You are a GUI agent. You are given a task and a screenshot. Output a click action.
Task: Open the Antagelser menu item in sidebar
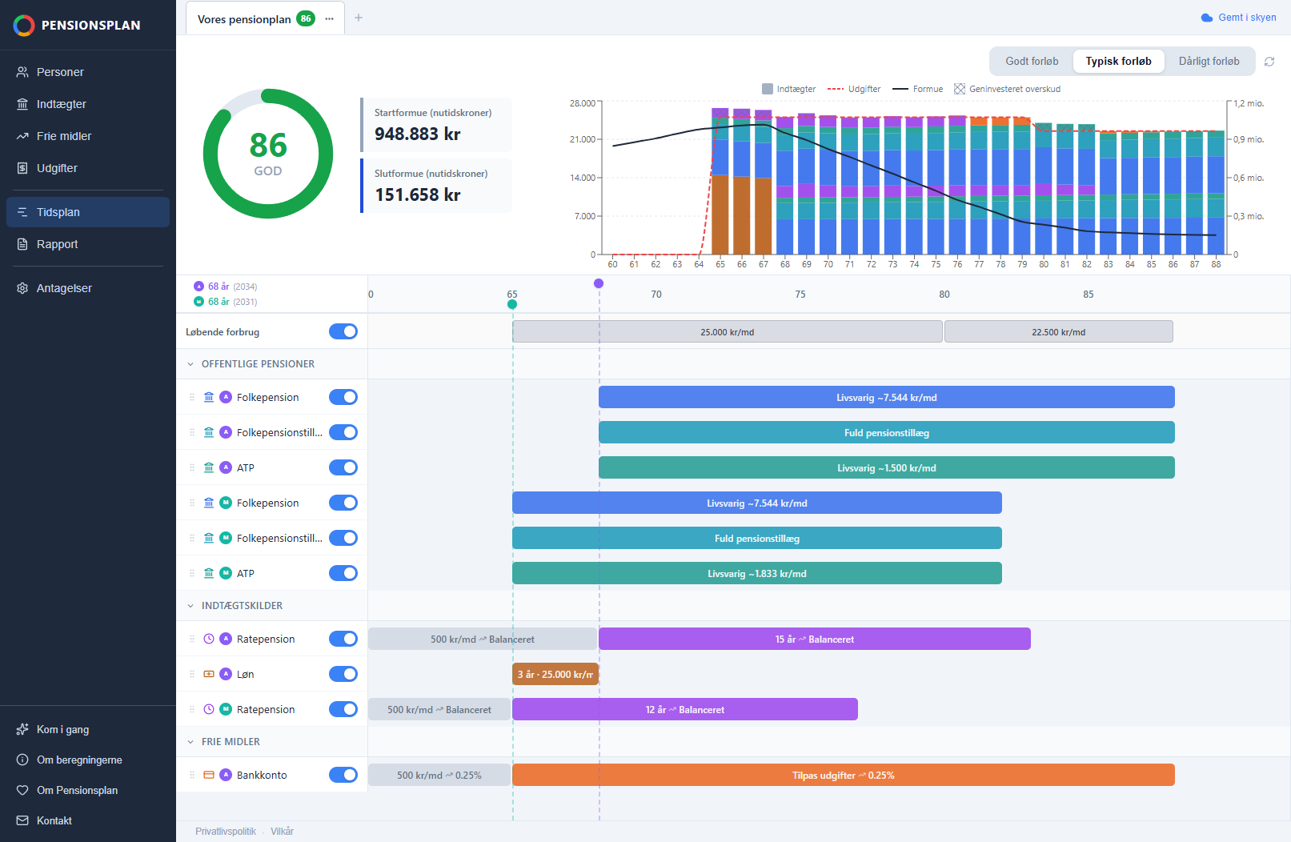pyautogui.click(x=63, y=288)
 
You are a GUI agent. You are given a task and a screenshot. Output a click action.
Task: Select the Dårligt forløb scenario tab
pyautogui.click(x=1209, y=61)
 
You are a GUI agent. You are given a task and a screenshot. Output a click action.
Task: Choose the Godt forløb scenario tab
pyautogui.click(x=1032, y=61)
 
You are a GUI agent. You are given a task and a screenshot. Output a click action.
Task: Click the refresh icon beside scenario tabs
pyautogui.click(x=1269, y=62)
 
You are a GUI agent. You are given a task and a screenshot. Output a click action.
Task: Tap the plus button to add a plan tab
pyautogui.click(x=359, y=18)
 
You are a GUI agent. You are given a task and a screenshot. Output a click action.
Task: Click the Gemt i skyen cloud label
pyautogui.click(x=1238, y=18)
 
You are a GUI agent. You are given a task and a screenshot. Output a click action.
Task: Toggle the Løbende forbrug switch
pyautogui.click(x=343, y=331)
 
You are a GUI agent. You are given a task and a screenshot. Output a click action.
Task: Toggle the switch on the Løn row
pyautogui.click(x=343, y=674)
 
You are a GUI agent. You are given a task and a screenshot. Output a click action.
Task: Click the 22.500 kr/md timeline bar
pyautogui.click(x=1059, y=332)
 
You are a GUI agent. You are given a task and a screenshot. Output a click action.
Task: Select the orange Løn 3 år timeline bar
pyautogui.click(x=555, y=674)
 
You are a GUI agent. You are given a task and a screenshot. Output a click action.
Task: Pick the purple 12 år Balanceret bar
pyautogui.click(x=684, y=709)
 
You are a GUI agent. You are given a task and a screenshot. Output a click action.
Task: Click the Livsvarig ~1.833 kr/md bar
pyautogui.click(x=756, y=573)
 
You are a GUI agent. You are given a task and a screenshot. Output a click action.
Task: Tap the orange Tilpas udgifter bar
pyautogui.click(x=843, y=775)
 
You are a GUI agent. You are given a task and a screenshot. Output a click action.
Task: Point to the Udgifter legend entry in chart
pyautogui.click(x=853, y=89)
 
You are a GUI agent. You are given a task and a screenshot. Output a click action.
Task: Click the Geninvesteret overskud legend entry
pyautogui.click(x=1007, y=89)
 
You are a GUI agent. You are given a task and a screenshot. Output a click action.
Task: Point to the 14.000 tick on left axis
pyautogui.click(x=582, y=178)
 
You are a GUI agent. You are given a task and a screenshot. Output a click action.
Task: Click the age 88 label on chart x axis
pyautogui.click(x=1216, y=264)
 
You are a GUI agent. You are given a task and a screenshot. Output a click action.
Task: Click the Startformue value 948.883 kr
pyautogui.click(x=417, y=134)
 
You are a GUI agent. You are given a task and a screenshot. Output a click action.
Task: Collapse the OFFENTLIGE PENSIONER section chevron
pyautogui.click(x=190, y=364)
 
